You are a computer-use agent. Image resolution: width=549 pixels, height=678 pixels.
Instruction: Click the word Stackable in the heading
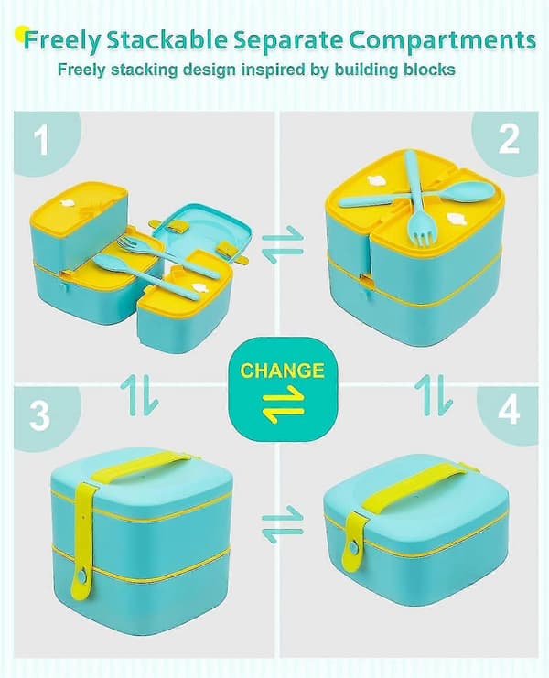(167, 40)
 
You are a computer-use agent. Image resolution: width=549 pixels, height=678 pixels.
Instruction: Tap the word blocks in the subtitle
(429, 70)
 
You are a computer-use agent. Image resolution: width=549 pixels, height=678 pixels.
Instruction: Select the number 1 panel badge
(42, 140)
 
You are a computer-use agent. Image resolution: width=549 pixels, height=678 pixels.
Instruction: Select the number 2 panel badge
(509, 140)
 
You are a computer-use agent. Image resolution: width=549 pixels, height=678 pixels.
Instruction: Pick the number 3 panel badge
(41, 415)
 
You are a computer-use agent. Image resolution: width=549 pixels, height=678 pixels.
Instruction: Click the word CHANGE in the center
(282, 371)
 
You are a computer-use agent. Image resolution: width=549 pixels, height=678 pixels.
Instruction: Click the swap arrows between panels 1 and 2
(283, 244)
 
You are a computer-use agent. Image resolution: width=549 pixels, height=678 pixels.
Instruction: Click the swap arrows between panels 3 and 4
(283, 524)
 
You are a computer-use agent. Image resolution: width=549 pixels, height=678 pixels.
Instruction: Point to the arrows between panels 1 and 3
(139, 395)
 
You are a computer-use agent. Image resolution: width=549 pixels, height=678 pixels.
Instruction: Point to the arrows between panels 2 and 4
(434, 395)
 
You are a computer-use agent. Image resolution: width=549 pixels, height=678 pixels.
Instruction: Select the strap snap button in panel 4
(353, 548)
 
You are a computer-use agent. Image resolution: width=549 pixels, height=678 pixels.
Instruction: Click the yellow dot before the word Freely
(20, 34)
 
